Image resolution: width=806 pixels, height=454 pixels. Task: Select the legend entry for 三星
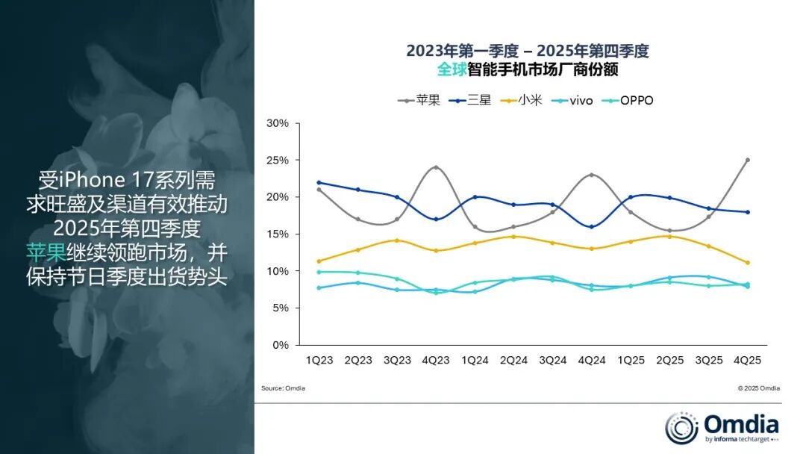coord(470,99)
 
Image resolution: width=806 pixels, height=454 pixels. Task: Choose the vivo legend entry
coord(571,99)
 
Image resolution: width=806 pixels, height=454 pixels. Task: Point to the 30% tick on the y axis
coord(278,123)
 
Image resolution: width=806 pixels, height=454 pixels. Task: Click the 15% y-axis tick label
coord(278,234)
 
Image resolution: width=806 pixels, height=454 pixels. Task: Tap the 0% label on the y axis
coord(281,345)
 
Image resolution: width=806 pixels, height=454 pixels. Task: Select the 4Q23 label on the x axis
coord(436,360)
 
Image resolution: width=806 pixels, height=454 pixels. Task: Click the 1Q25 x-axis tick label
coord(631,360)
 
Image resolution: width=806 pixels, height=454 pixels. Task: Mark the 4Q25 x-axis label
coord(747,360)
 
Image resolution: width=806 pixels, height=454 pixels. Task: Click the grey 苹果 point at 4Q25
coord(747,160)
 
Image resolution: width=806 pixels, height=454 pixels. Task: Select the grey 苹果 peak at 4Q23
coord(436,167)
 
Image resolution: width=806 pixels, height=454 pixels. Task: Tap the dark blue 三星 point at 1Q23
coord(319,182)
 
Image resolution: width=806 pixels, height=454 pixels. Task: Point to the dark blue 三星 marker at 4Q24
coord(592,226)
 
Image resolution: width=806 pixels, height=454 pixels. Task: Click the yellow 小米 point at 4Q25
coord(747,263)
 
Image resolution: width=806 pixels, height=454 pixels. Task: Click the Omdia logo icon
coord(681,428)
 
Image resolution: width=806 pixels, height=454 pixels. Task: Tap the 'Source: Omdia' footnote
coord(283,388)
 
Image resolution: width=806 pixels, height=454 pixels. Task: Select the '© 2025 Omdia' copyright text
coord(758,388)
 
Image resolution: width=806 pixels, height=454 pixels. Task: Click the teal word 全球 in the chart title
coord(452,70)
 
